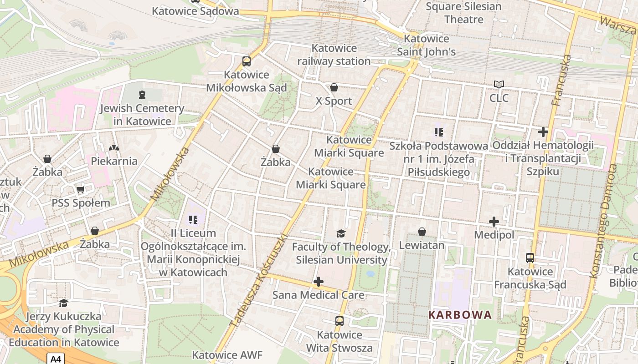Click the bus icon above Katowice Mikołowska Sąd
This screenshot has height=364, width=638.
(x=246, y=61)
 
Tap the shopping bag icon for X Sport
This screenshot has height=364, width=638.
(x=334, y=87)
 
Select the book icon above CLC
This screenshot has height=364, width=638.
(x=499, y=84)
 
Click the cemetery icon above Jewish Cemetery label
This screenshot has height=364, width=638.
(x=142, y=95)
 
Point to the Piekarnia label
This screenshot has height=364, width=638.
(x=114, y=161)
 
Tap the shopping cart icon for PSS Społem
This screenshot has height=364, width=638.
(x=81, y=189)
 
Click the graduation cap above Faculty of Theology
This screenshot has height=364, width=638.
(x=341, y=234)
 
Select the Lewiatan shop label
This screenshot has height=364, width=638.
(x=422, y=245)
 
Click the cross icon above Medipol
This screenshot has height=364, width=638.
(x=494, y=222)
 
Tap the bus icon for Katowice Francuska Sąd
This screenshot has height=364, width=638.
(x=530, y=258)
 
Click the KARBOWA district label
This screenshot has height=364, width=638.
(x=460, y=315)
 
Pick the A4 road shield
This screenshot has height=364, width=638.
(x=55, y=359)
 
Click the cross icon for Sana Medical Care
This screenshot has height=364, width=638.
(x=319, y=282)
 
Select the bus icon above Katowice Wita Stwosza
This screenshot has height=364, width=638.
(x=340, y=321)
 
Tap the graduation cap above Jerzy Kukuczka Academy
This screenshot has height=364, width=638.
(x=64, y=303)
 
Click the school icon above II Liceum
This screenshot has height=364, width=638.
(x=193, y=220)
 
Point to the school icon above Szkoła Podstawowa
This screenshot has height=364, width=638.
(x=439, y=132)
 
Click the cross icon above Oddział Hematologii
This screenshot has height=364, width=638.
(x=543, y=132)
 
